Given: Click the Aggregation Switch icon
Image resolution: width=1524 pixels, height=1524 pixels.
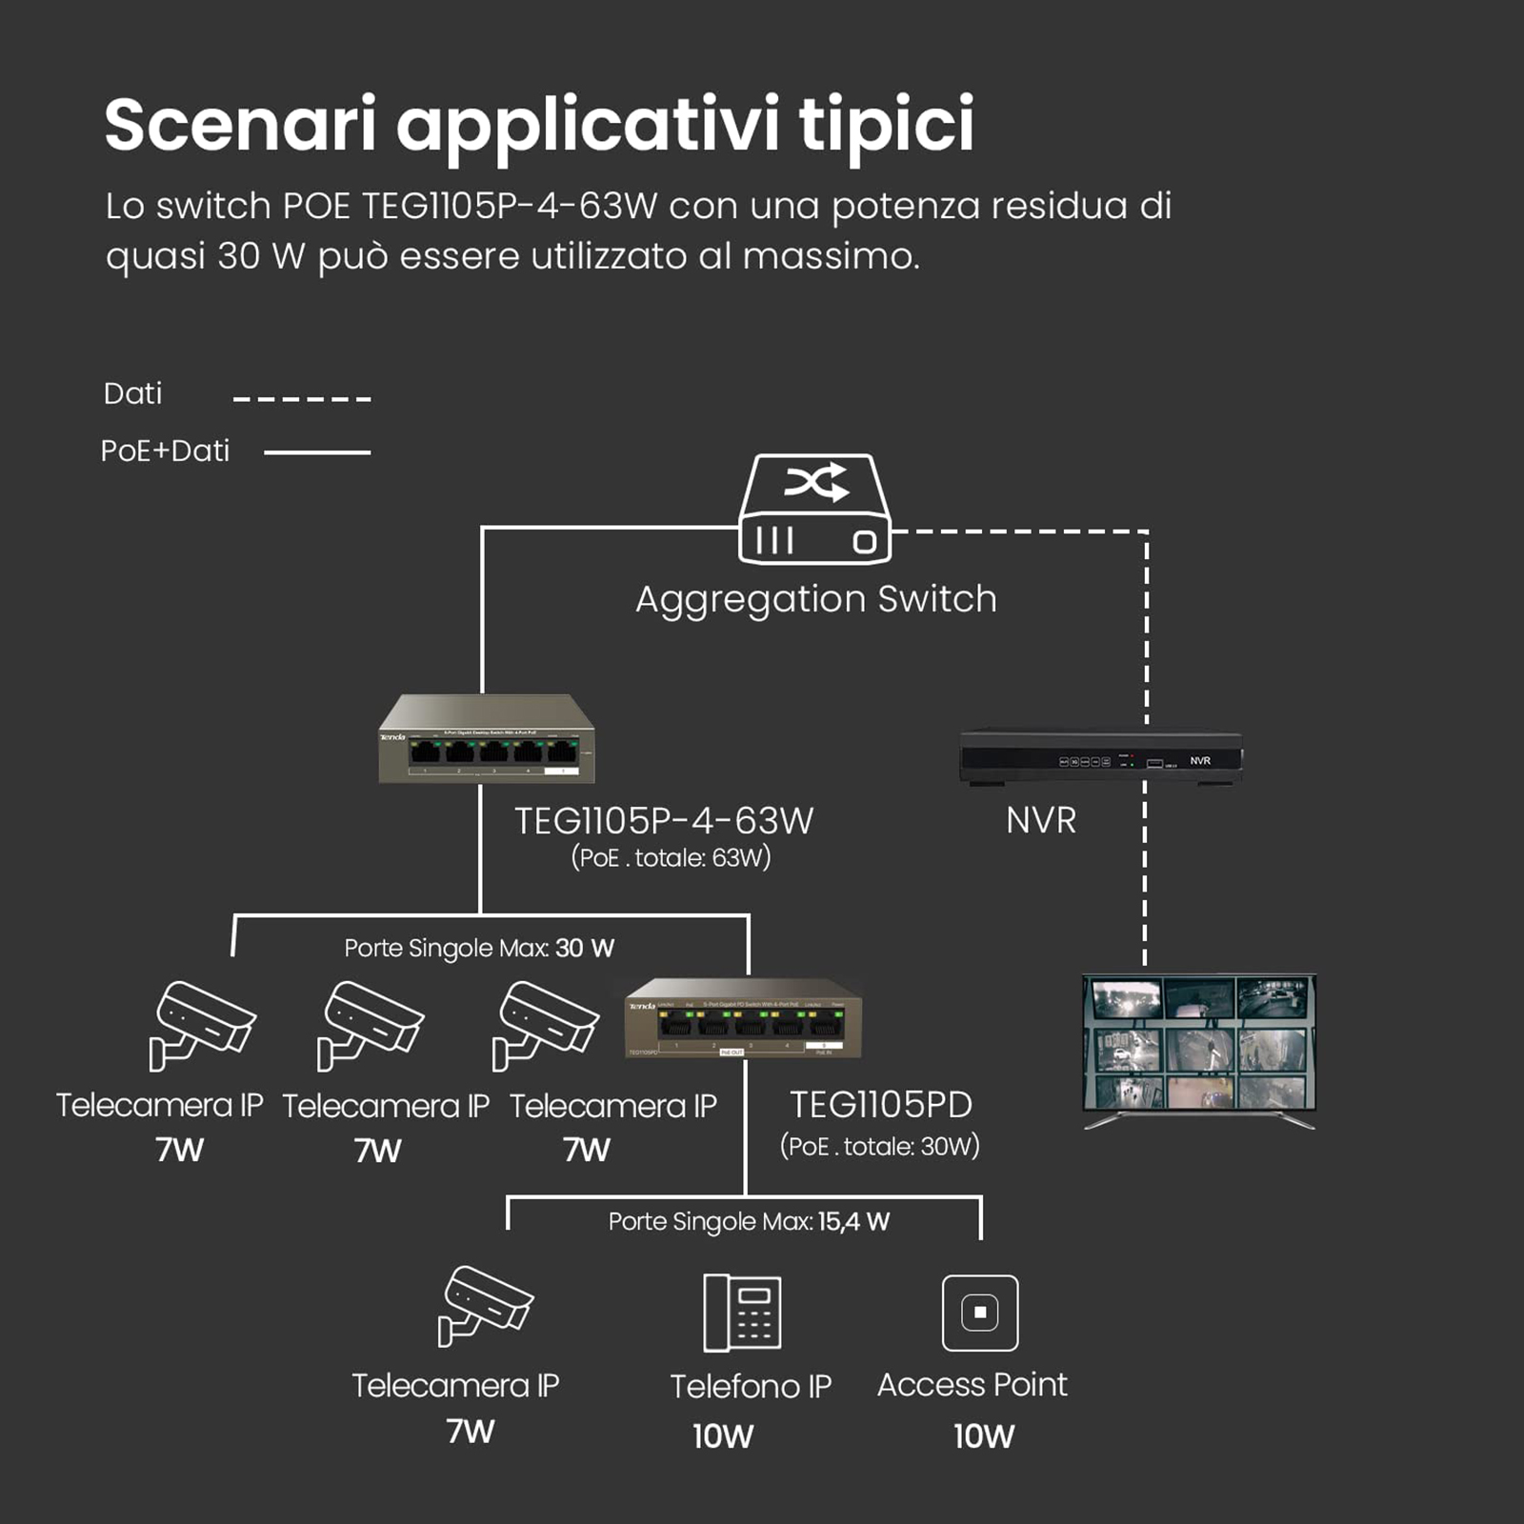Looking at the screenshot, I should (x=814, y=510).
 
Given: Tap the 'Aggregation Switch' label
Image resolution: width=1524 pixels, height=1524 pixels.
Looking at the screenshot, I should (x=816, y=599).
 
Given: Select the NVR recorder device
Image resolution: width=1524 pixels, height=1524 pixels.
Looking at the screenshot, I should (x=1100, y=758).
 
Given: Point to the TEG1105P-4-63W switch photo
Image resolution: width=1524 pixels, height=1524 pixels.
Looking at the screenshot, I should (x=487, y=740).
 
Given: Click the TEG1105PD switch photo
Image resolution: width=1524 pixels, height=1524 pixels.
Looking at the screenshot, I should (x=743, y=1019).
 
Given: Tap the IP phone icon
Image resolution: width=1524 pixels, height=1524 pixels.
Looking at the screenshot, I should (x=742, y=1313).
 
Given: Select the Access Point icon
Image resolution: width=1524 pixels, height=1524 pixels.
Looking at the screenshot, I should (x=979, y=1313).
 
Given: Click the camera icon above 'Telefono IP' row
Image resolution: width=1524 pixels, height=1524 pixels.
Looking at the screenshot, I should (x=486, y=1305).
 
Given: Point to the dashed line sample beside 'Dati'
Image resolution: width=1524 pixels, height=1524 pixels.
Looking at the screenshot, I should (x=302, y=398).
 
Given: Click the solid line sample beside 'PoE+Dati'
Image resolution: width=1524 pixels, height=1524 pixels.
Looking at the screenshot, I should (x=316, y=452).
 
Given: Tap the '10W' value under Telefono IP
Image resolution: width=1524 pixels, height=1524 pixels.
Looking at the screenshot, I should (x=723, y=1435).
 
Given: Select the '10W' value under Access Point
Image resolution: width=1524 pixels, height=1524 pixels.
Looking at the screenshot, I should (x=984, y=1435).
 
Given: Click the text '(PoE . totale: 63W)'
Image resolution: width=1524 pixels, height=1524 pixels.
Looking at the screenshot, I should (x=671, y=858).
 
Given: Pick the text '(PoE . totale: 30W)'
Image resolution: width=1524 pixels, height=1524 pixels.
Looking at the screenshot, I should (x=879, y=1146).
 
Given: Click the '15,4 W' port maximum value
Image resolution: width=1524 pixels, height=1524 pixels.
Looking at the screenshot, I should (x=853, y=1221).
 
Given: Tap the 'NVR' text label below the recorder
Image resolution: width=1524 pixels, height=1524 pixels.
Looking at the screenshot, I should (x=1041, y=821).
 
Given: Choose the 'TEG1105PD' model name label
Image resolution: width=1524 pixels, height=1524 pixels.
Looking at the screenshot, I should (x=881, y=1105).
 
